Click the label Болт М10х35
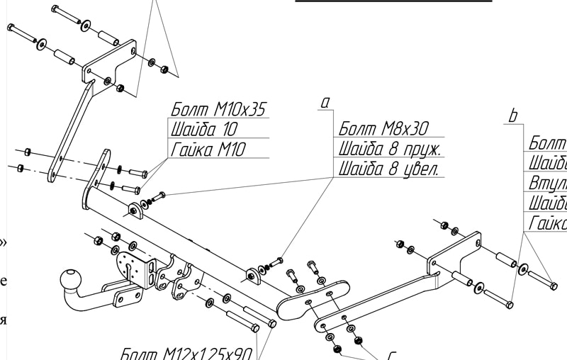(219, 109)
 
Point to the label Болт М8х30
(384, 128)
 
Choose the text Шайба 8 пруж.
(391, 149)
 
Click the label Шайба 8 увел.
(389, 169)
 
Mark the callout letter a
(325, 103)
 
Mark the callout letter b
(513, 116)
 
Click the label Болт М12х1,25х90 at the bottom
(187, 353)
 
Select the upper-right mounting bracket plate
(454, 252)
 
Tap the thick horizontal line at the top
(393, 1)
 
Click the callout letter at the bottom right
(392, 354)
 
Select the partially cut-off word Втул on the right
(547, 183)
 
